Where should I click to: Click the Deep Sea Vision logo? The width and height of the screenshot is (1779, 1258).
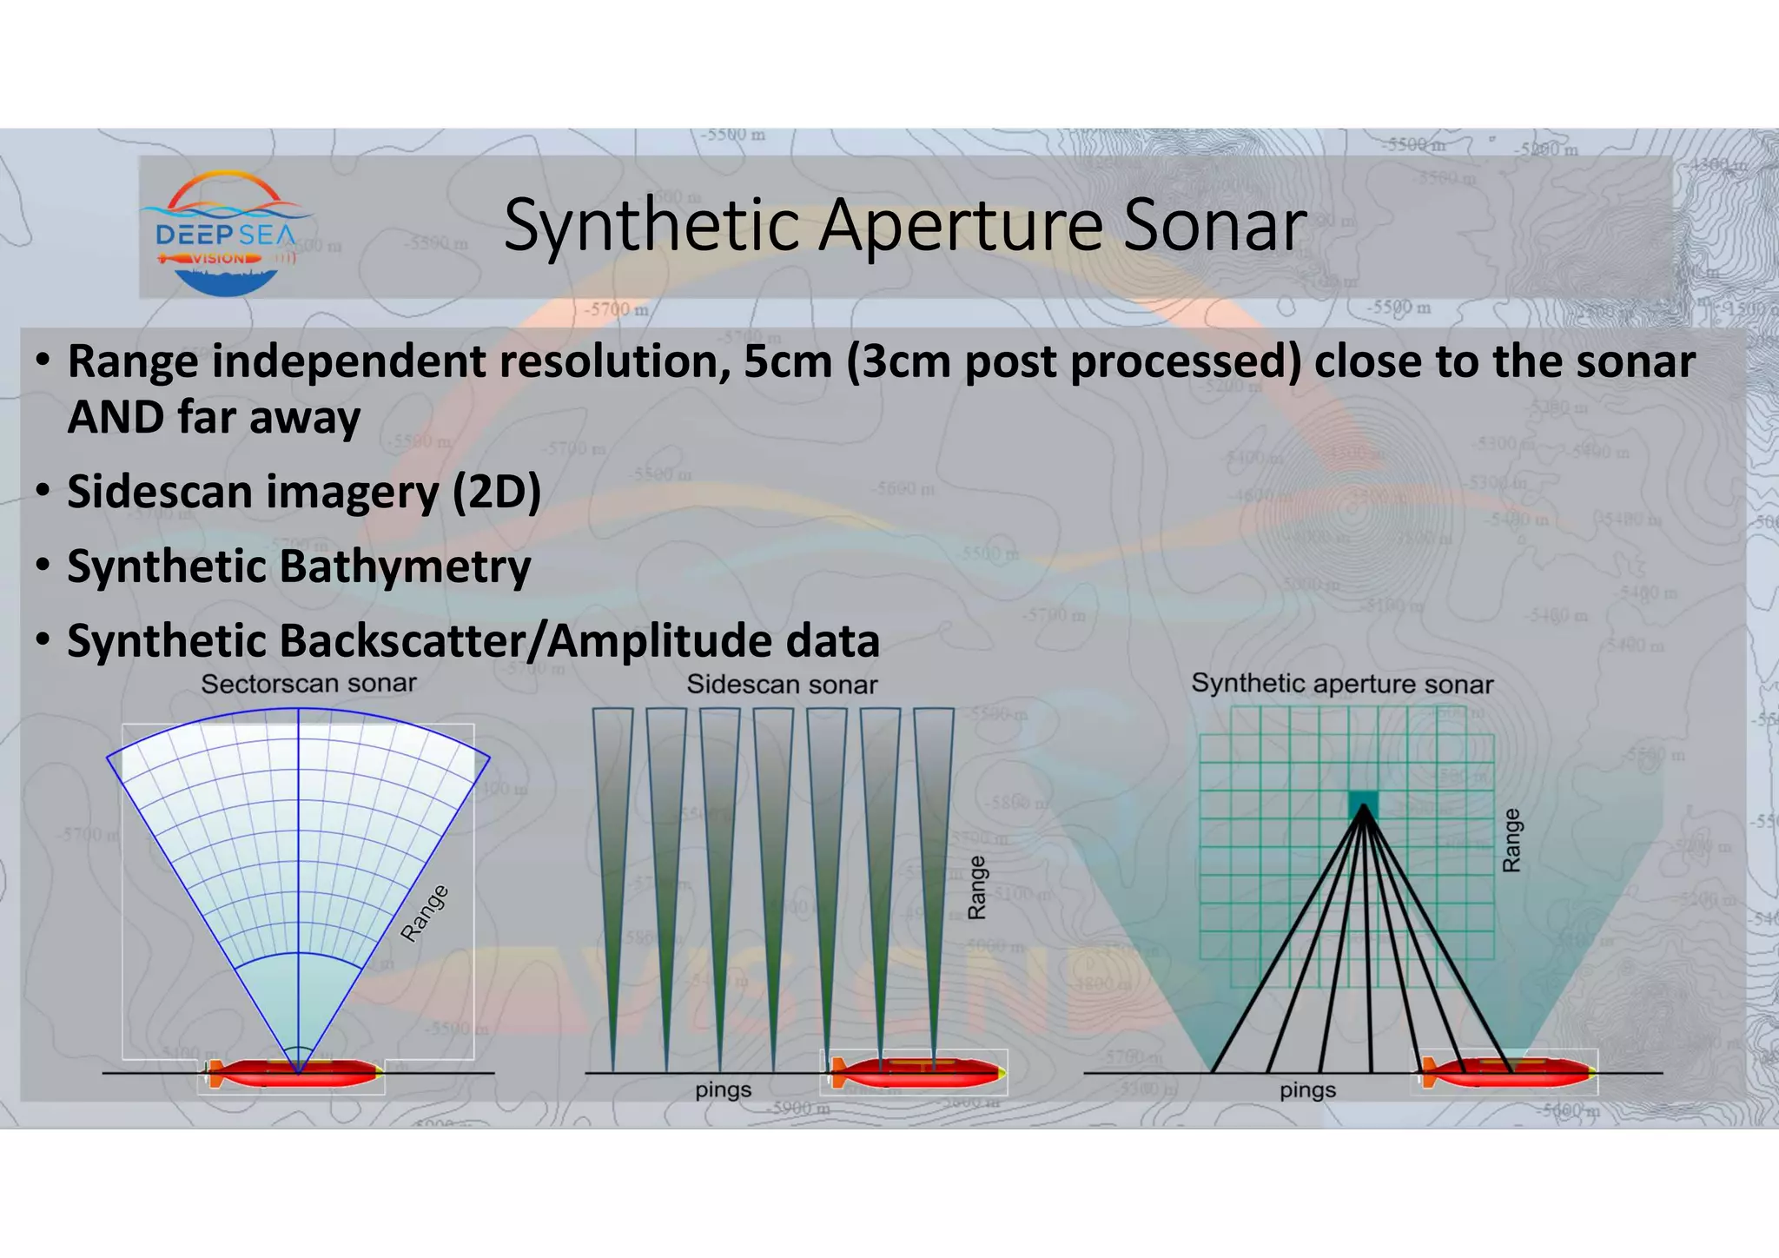pyautogui.click(x=226, y=233)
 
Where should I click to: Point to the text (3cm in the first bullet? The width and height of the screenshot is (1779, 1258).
pyautogui.click(x=898, y=361)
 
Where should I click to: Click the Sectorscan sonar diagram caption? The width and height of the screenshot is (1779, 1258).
pyautogui.click(x=308, y=684)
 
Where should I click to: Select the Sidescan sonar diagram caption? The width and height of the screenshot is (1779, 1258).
pyautogui.click(x=782, y=685)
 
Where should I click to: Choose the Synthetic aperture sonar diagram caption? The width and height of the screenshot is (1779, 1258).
pyautogui.click(x=1342, y=684)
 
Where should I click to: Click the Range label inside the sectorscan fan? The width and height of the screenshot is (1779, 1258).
pyautogui.click(x=425, y=912)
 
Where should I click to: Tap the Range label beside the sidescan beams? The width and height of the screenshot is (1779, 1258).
pyautogui.click(x=977, y=887)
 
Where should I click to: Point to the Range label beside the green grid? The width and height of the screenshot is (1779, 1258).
pyautogui.click(x=1511, y=840)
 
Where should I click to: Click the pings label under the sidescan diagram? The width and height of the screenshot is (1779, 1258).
pyautogui.click(x=723, y=1089)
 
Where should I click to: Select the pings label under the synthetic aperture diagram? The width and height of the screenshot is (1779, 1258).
pyautogui.click(x=1307, y=1089)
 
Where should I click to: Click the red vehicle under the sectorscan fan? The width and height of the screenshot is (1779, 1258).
pyautogui.click(x=295, y=1074)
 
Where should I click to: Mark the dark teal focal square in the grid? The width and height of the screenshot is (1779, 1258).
pyautogui.click(x=1363, y=805)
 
